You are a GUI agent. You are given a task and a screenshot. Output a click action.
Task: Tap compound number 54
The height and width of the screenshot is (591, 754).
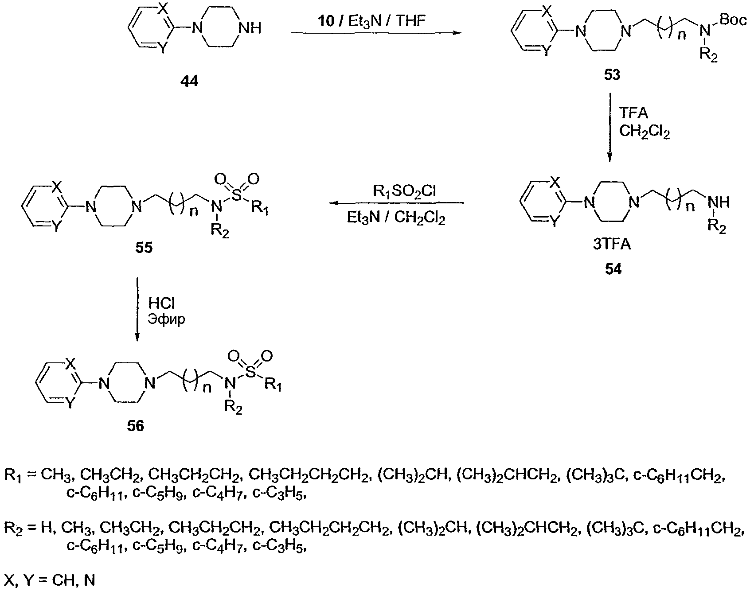pos(613,269)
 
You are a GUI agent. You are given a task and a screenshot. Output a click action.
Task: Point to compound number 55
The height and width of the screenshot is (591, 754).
pos(144,247)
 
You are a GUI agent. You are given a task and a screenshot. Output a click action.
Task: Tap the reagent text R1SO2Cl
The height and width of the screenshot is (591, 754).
pos(405,191)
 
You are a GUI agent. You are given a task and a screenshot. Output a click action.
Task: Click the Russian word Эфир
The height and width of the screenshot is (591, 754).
pos(166,319)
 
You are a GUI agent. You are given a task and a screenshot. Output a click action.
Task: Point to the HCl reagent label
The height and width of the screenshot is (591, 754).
pos(161,303)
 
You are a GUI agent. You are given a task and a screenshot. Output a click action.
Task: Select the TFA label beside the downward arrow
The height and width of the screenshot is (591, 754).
pos(633,114)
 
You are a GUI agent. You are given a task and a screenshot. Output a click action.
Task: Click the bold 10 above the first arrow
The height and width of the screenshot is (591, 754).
pos(326,21)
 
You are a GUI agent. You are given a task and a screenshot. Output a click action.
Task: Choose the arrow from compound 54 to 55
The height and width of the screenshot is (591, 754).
pos(396,203)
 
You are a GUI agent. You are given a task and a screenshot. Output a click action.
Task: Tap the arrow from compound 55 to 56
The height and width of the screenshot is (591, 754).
pos(137,310)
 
